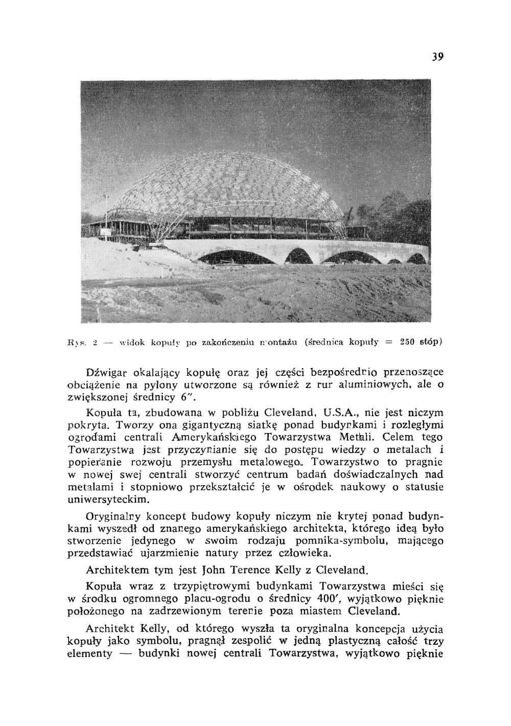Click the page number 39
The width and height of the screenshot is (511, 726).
pos(437,56)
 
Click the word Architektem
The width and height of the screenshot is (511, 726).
pos(117,570)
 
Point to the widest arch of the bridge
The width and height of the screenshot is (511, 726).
pos(237,256)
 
